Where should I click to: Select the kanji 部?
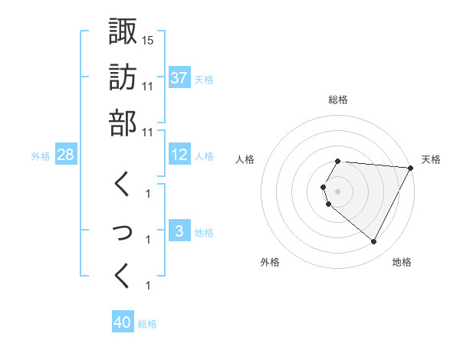(x=123, y=123)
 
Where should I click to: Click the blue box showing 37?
(x=179, y=78)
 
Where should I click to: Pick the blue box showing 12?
(x=179, y=155)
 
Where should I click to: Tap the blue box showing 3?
(x=179, y=232)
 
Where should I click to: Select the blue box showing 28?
(x=65, y=155)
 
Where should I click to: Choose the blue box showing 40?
(x=123, y=322)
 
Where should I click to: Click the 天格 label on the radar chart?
(x=431, y=159)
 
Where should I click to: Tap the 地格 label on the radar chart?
(x=402, y=262)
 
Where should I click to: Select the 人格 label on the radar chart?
(x=245, y=159)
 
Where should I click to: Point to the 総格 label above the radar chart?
(x=338, y=100)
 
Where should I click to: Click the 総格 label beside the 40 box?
(x=147, y=324)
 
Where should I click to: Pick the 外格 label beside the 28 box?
(x=41, y=156)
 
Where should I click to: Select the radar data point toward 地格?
(x=374, y=242)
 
